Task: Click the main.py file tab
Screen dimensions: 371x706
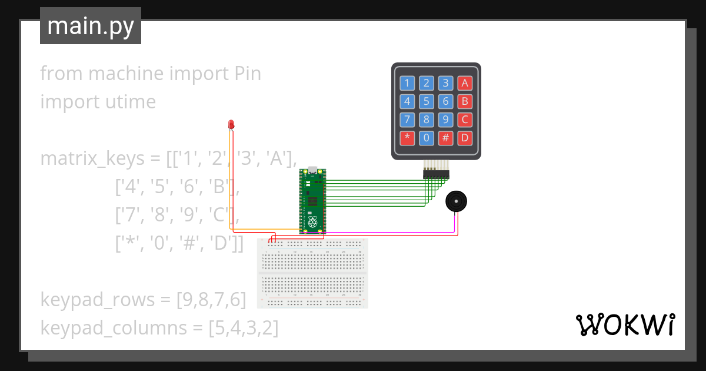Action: coord(91,26)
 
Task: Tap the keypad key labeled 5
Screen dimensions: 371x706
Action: coord(427,101)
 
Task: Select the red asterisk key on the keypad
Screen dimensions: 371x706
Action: coord(407,138)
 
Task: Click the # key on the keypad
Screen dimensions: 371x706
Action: coord(446,138)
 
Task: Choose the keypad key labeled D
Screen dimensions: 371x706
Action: coord(465,138)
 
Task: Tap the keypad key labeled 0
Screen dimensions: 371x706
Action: coord(427,138)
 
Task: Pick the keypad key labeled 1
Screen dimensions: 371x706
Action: coord(407,83)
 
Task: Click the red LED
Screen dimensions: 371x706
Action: coord(231,124)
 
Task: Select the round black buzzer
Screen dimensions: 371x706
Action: coord(456,202)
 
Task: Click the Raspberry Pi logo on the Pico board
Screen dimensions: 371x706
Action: coord(312,223)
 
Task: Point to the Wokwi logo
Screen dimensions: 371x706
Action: coord(625,325)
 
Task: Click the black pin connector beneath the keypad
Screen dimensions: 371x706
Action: coord(435,174)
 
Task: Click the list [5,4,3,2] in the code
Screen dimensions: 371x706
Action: coord(244,327)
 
